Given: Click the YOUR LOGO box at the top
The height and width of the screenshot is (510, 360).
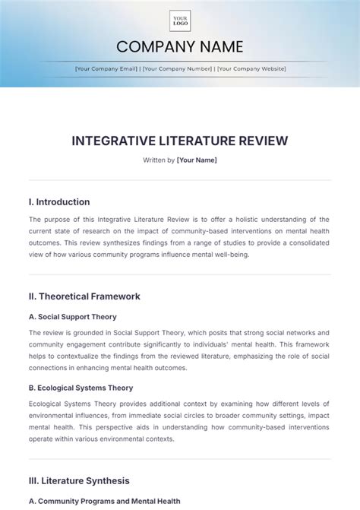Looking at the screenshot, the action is pyautogui.click(x=180, y=21).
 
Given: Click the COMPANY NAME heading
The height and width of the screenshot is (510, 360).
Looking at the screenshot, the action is pyautogui.click(x=180, y=47).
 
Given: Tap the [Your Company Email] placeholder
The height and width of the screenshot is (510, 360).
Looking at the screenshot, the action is pyautogui.click(x=106, y=68).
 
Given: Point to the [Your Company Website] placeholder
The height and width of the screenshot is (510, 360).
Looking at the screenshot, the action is pyautogui.click(x=251, y=68).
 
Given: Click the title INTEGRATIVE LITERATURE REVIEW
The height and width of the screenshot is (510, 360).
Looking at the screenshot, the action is pyautogui.click(x=180, y=141).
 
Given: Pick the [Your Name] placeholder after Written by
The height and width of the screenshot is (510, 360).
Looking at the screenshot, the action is pyautogui.click(x=197, y=160).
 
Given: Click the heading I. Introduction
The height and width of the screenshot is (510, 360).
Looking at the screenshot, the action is pyautogui.click(x=59, y=202).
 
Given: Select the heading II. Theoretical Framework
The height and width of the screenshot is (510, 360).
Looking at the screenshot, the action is pyautogui.click(x=84, y=296).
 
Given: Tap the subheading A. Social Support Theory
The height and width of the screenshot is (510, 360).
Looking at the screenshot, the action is pyautogui.click(x=73, y=316).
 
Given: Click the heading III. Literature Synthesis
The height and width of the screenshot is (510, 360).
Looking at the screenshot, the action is pyautogui.click(x=79, y=480).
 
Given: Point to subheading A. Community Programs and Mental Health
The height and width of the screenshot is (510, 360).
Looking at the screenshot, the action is pyautogui.click(x=103, y=501).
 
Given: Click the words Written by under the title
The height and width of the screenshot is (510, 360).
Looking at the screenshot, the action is pyautogui.click(x=158, y=160).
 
